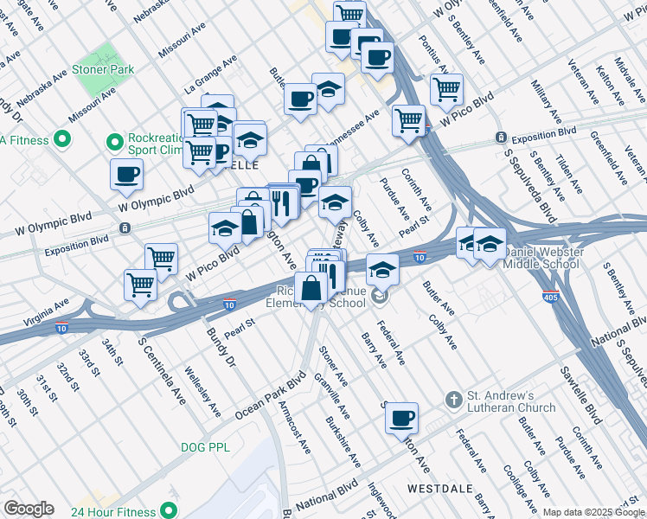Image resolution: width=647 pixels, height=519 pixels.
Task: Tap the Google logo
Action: (29, 509)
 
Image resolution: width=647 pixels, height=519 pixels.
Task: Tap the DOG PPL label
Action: (203, 447)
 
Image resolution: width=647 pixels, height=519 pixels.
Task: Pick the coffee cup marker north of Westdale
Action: (400, 420)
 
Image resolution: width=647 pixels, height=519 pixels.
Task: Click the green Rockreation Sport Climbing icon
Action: (113, 140)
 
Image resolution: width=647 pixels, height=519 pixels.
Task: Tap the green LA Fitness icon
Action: (62, 138)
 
